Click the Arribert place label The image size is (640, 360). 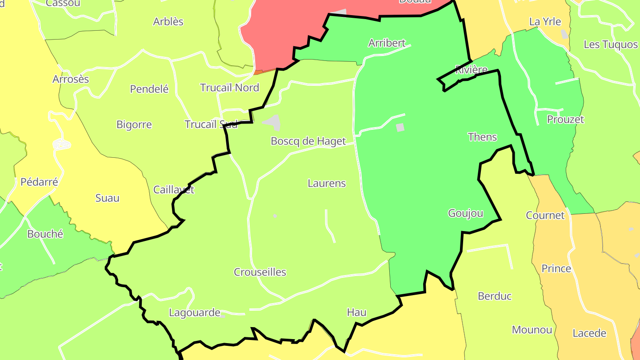[387, 43]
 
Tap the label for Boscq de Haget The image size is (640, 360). [308, 141]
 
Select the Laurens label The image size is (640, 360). [327, 183]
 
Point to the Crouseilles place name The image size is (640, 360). [260, 272]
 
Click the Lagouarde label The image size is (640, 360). [195, 312]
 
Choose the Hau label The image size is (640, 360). [356, 312]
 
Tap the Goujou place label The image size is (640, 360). [465, 213]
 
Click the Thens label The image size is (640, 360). [482, 137]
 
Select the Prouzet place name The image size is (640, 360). [565, 120]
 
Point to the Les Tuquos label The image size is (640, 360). [610, 44]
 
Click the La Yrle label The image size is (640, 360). [545, 22]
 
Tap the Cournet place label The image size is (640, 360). [545, 216]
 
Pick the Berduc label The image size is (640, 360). [495, 296]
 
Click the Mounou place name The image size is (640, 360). [532, 330]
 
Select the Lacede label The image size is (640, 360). [589, 333]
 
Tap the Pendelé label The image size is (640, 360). [149, 89]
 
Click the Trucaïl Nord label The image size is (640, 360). [229, 88]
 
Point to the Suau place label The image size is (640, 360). [108, 198]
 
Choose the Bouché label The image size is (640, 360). [45, 234]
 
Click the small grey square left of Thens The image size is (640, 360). [400, 128]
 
